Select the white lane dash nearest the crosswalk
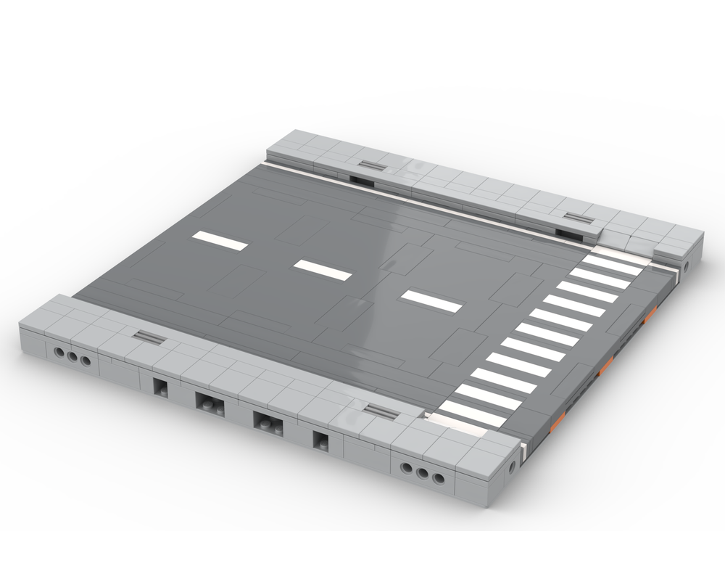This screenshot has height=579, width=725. pos(431,300)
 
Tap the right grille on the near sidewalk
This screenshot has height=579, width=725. pos(381,412)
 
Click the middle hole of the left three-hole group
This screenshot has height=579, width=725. pos(72,358)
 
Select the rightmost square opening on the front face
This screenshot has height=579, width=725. pos(320,440)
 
